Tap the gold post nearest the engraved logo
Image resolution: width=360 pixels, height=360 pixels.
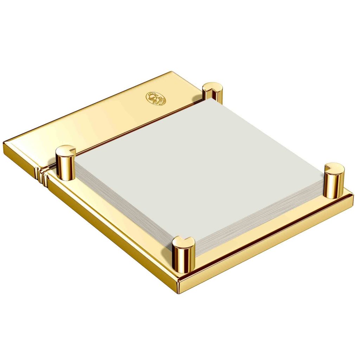point(212,94)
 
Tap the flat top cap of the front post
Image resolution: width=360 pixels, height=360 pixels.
point(184,242)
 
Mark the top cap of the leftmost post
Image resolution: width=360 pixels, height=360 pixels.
point(66,150)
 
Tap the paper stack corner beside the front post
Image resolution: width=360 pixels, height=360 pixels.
point(195,248)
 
